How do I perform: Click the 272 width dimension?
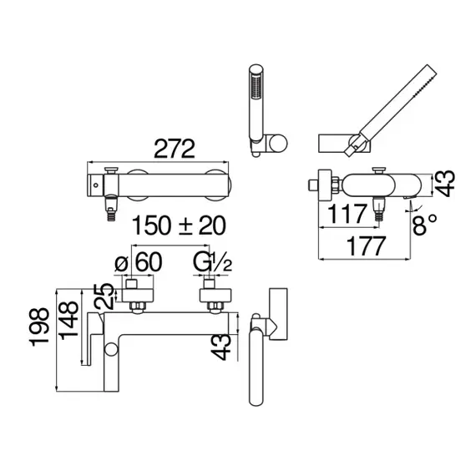[x=175, y=149]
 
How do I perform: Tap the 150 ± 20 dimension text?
[x=179, y=225]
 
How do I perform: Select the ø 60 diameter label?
[x=139, y=262]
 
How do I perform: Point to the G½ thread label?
[x=212, y=262]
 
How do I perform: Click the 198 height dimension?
[x=39, y=327]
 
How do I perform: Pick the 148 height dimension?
[x=68, y=321]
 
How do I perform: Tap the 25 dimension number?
[x=104, y=296]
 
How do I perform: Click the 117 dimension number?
[x=348, y=214]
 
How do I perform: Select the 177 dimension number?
[x=367, y=246]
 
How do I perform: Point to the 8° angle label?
[x=425, y=225]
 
